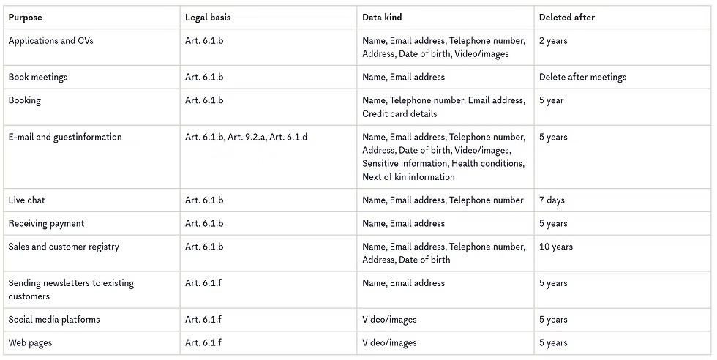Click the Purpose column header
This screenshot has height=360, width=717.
click(x=26, y=18)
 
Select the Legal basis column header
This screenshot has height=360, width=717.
click(x=208, y=18)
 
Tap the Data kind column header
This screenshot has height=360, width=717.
click(x=382, y=18)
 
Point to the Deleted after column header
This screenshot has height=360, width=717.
click(x=567, y=18)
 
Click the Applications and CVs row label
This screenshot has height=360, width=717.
click(x=51, y=41)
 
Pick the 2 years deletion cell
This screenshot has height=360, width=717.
click(x=553, y=41)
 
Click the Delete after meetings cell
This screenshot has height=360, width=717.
click(x=582, y=77)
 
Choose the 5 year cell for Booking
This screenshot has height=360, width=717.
click(x=551, y=100)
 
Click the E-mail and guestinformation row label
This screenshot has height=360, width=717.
click(x=65, y=137)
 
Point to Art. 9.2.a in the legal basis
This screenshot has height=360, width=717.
click(x=247, y=137)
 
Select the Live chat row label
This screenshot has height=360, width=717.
click(x=26, y=200)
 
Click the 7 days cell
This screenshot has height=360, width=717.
click(x=552, y=200)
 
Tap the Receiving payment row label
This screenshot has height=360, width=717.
click(x=46, y=223)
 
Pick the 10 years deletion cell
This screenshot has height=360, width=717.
click(x=556, y=247)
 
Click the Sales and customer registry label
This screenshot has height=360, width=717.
click(x=64, y=247)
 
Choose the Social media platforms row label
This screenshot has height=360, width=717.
click(x=54, y=320)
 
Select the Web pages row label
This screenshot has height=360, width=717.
click(x=30, y=342)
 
